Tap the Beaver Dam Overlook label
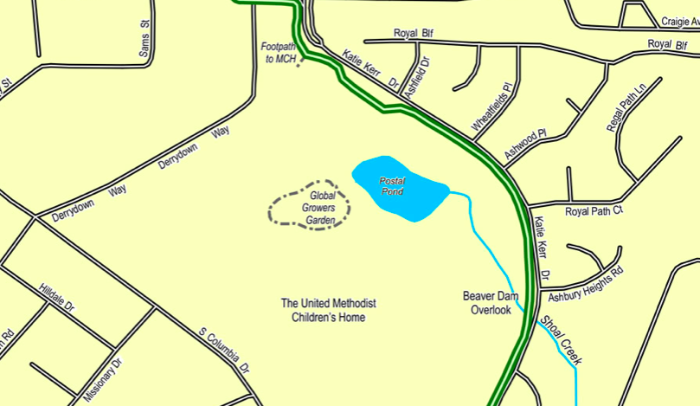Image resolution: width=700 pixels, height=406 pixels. click(x=491, y=303)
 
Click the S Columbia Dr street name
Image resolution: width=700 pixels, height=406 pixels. click(x=223, y=351)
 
